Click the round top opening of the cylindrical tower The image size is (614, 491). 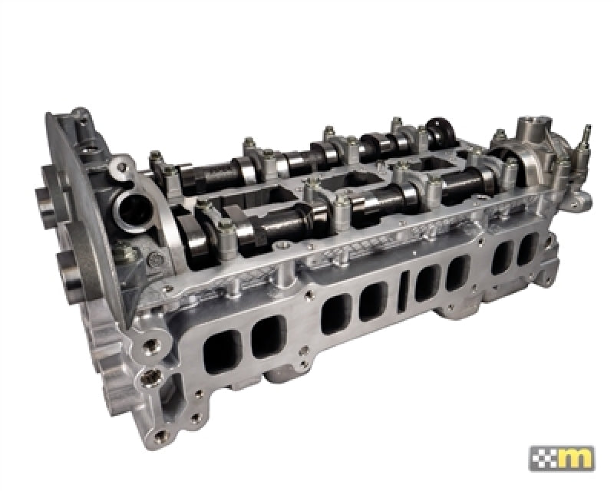532,123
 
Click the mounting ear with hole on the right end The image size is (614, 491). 581,199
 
